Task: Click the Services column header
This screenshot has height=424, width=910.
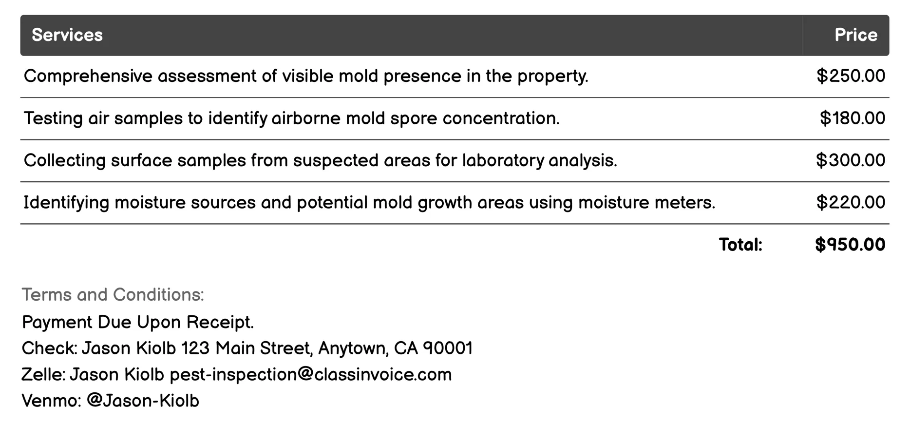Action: [x=67, y=35]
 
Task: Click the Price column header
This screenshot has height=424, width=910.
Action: [x=855, y=35]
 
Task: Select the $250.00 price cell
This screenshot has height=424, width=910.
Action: [x=851, y=76]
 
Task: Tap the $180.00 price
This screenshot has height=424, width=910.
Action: [x=852, y=118]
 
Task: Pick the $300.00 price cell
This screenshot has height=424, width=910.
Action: [x=851, y=160]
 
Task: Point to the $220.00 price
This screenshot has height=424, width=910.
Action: [x=851, y=202]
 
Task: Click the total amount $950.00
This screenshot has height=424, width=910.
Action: [x=850, y=245]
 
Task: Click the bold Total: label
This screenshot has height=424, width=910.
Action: [x=740, y=245]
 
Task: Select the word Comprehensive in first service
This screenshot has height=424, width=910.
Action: [x=88, y=77]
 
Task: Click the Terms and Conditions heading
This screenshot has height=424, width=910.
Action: [x=113, y=295]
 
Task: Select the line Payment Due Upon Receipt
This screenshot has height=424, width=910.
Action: [x=138, y=322]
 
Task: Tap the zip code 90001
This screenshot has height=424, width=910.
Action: [x=448, y=348]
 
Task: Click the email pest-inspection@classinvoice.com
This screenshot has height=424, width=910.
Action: [x=311, y=375]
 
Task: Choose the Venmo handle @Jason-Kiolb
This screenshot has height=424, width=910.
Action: [x=143, y=401]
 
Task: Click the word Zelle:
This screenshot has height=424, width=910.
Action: [x=43, y=375]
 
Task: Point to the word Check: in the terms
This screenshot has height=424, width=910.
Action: [x=49, y=348]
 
